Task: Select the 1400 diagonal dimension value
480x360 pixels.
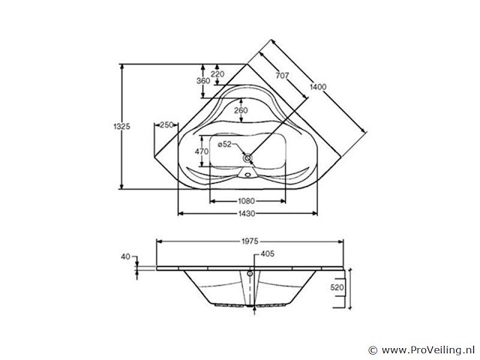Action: (x=318, y=87)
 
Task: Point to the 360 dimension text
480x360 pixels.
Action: (x=202, y=80)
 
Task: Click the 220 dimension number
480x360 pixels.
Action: (x=217, y=73)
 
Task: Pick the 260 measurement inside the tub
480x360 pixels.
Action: (x=240, y=110)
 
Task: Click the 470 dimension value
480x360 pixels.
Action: (x=201, y=151)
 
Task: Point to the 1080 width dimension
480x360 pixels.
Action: (x=247, y=201)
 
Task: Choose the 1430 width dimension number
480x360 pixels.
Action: (x=247, y=214)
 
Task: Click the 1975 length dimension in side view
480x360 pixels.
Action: (x=250, y=241)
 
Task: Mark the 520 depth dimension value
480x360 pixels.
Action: (x=337, y=287)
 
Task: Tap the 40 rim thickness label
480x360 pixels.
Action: (x=124, y=256)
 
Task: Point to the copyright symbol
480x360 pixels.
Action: (x=373, y=349)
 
